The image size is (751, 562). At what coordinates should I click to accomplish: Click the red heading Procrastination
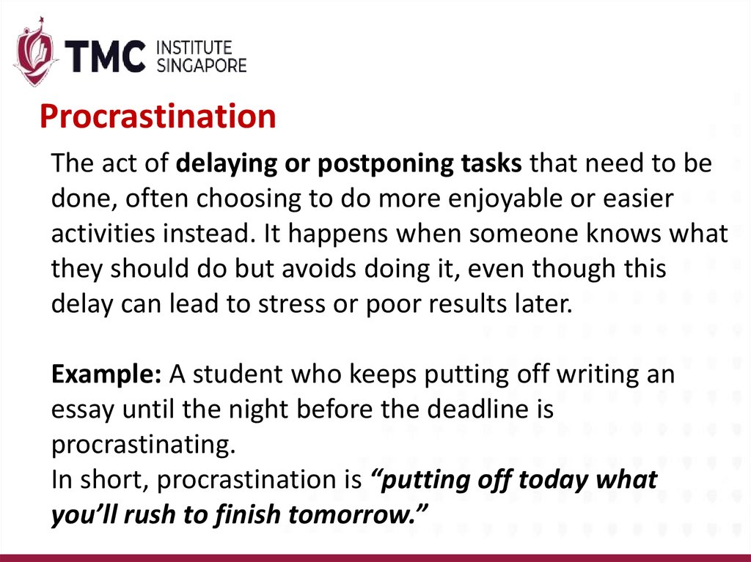tap(158, 117)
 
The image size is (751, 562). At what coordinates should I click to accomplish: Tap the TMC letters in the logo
tap(104, 56)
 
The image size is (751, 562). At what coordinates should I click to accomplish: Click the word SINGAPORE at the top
tap(202, 65)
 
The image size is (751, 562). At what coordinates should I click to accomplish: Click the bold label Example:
tap(106, 374)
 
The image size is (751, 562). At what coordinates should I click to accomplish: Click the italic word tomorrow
tap(361, 515)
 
